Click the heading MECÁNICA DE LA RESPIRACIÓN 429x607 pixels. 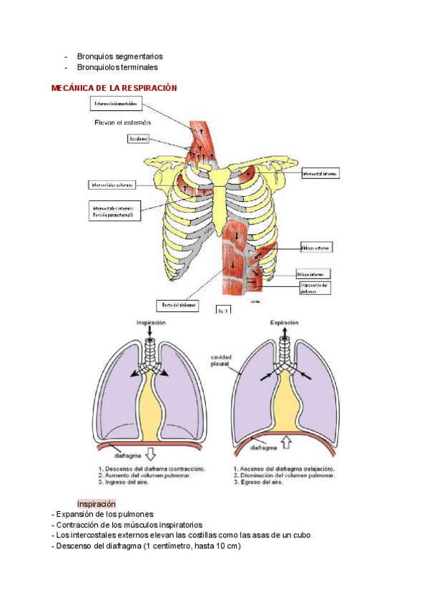(x=114, y=87)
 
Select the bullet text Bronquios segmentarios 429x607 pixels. (x=119, y=56)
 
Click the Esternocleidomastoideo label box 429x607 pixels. (x=117, y=105)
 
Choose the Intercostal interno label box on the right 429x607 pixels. (x=320, y=174)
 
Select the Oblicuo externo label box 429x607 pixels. (x=314, y=247)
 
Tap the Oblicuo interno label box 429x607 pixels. (x=313, y=273)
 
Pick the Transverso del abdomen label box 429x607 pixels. (x=313, y=288)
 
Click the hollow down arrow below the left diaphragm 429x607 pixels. (x=150, y=452)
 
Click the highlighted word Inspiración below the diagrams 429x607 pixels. (x=97, y=504)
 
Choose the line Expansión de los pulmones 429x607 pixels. (x=103, y=515)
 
